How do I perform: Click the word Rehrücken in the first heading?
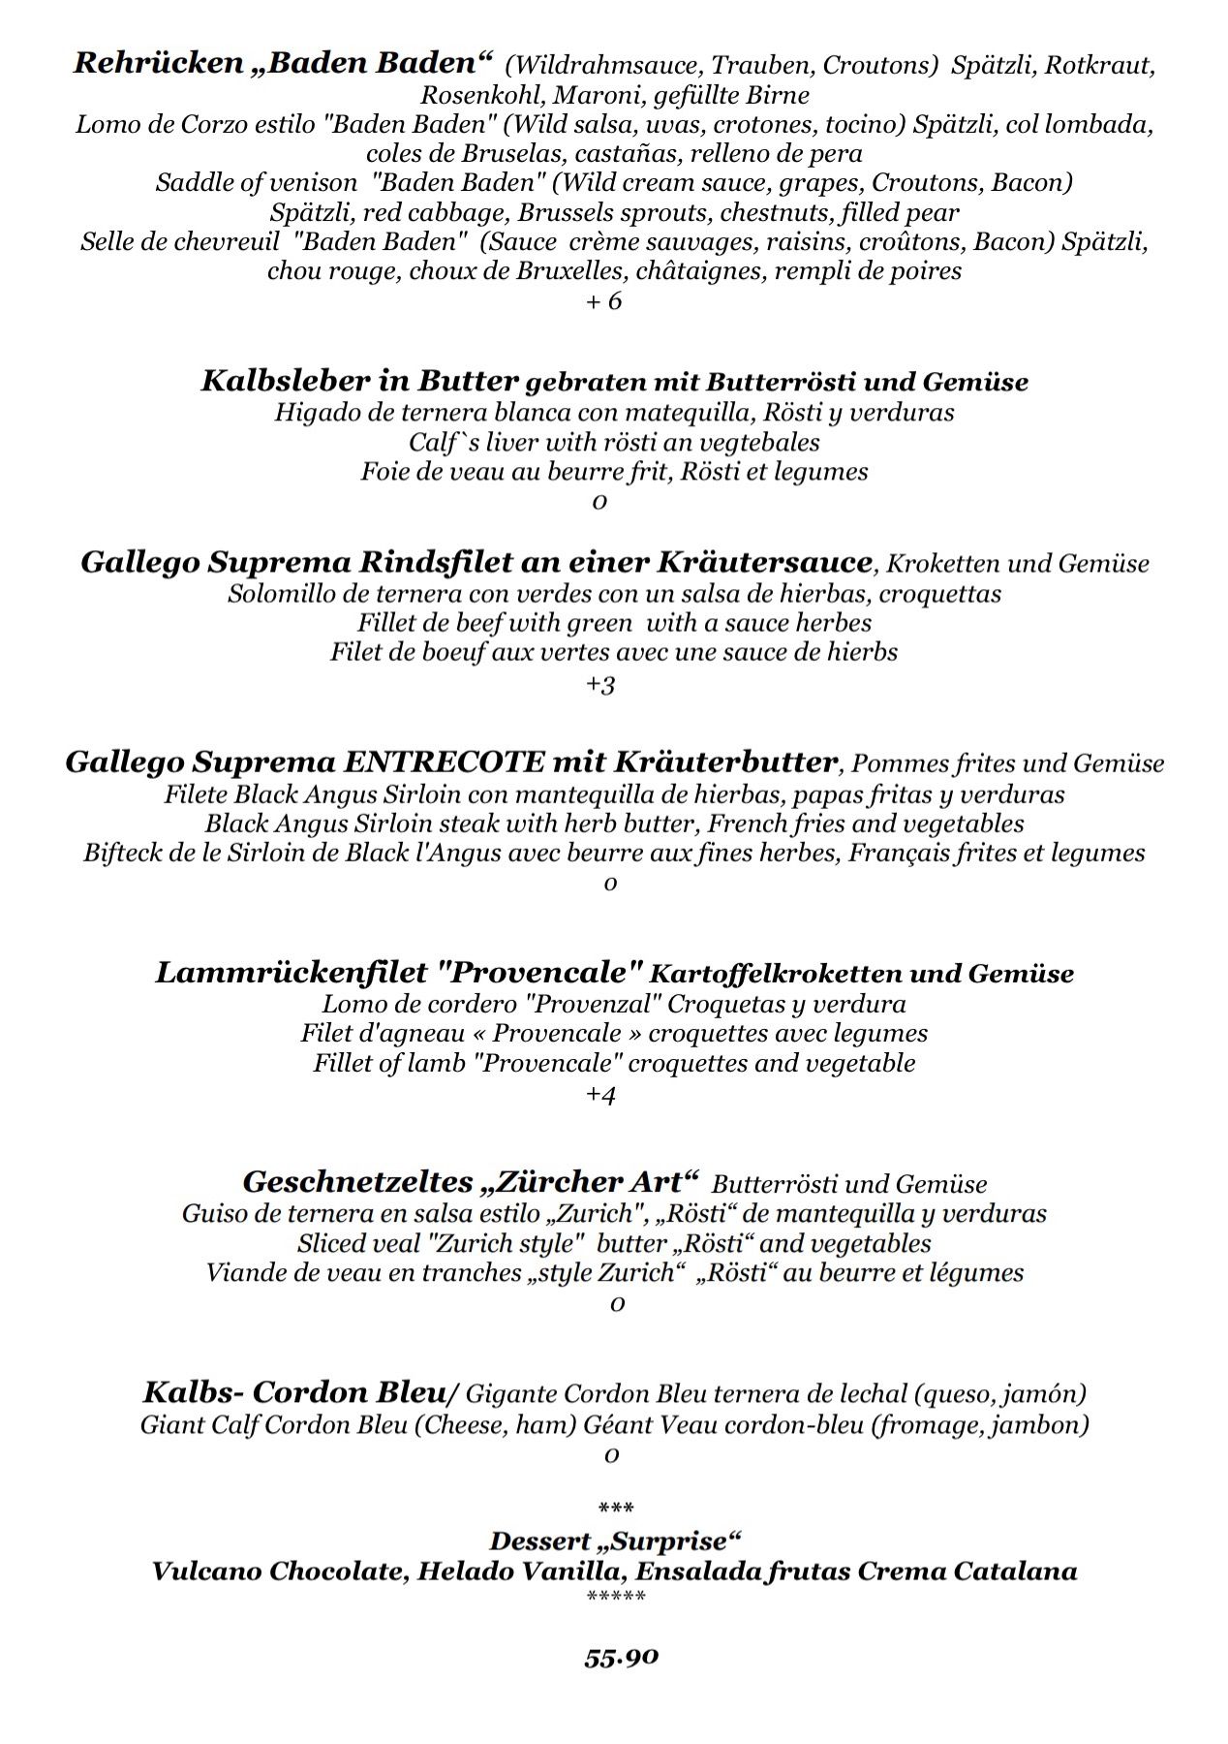[158, 64]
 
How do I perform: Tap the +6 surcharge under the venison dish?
[603, 300]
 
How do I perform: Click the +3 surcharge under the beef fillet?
[600, 684]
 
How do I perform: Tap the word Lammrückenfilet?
[288, 973]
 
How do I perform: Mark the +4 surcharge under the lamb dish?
[600, 1095]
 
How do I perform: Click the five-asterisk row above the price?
[616, 1597]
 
